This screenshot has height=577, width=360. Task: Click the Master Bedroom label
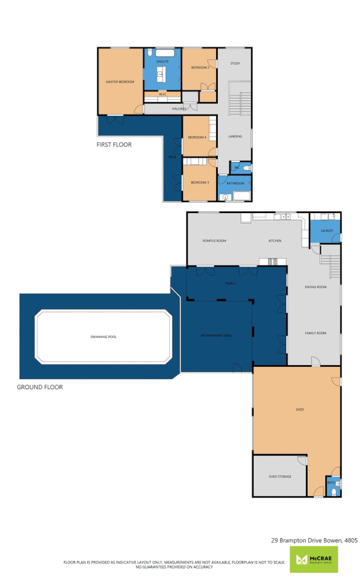click(x=119, y=81)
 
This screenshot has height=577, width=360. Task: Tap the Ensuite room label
click(x=162, y=62)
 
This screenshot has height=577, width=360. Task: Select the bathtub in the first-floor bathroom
click(x=238, y=197)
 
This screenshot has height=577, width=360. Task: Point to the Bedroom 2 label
click(x=200, y=67)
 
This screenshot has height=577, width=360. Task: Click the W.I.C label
click(x=162, y=94)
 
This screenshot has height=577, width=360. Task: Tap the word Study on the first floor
click(x=234, y=63)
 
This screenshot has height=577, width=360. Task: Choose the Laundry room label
click(x=326, y=231)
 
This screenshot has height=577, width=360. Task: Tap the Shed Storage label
click(x=279, y=477)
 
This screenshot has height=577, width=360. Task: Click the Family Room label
click(x=315, y=333)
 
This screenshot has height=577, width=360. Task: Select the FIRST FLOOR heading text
click(x=114, y=145)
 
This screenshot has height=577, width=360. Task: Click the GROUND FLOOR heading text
click(x=40, y=387)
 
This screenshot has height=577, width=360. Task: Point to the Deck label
click(x=173, y=157)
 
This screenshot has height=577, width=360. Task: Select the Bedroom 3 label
click(x=199, y=182)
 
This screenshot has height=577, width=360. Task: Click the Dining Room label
click(x=315, y=287)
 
